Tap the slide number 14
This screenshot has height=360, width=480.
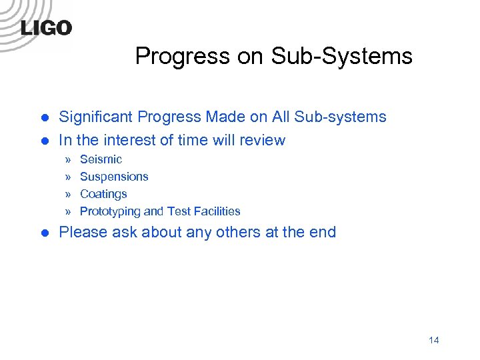[x=433, y=340]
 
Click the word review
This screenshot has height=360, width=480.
[x=263, y=141]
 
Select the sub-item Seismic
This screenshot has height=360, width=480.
[x=101, y=159]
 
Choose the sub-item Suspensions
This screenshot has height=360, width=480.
[x=114, y=177]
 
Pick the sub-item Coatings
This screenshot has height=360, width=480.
[x=103, y=194]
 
